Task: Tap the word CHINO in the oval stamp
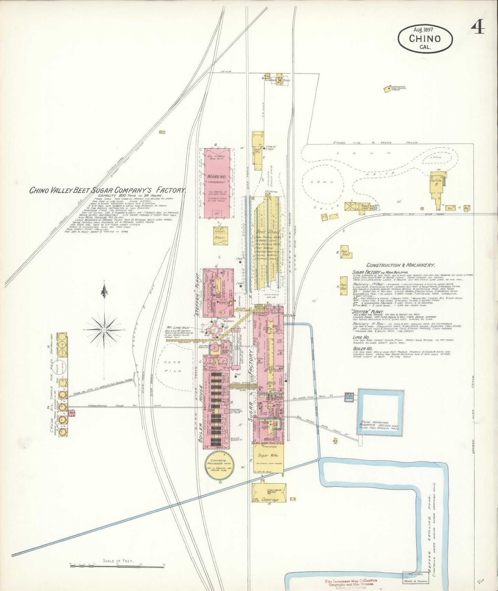425,38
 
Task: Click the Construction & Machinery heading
400,265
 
